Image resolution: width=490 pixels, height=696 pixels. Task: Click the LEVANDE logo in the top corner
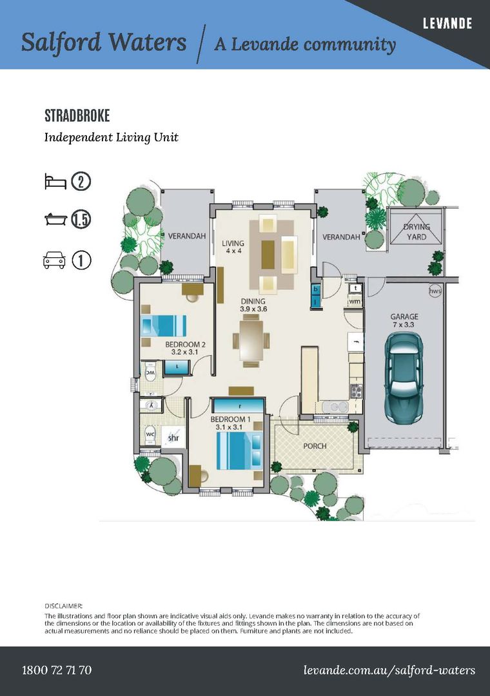(447, 23)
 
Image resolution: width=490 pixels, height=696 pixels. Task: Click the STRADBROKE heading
(77, 116)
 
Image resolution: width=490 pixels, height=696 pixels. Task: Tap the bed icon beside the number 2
(55, 182)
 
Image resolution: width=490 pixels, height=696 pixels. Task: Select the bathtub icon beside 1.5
(55, 219)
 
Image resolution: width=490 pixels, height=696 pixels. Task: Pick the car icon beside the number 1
(54, 260)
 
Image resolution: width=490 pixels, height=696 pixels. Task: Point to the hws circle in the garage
(435, 291)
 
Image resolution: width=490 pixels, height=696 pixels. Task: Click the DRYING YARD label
(416, 232)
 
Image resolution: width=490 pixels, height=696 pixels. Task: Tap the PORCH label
(315, 446)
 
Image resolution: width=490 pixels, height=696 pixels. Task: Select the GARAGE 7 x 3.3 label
(404, 320)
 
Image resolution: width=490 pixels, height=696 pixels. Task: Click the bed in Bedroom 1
(239, 450)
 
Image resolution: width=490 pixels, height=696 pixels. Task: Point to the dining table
(251, 340)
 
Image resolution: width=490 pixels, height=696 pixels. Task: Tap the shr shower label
(173, 438)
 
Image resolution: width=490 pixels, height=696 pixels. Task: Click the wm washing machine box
(355, 302)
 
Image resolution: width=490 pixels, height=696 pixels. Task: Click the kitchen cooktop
(357, 391)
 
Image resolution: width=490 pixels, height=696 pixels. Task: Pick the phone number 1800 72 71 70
(57, 670)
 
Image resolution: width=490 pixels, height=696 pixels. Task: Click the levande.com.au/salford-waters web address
(389, 670)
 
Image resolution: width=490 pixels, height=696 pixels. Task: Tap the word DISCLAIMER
(64, 606)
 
